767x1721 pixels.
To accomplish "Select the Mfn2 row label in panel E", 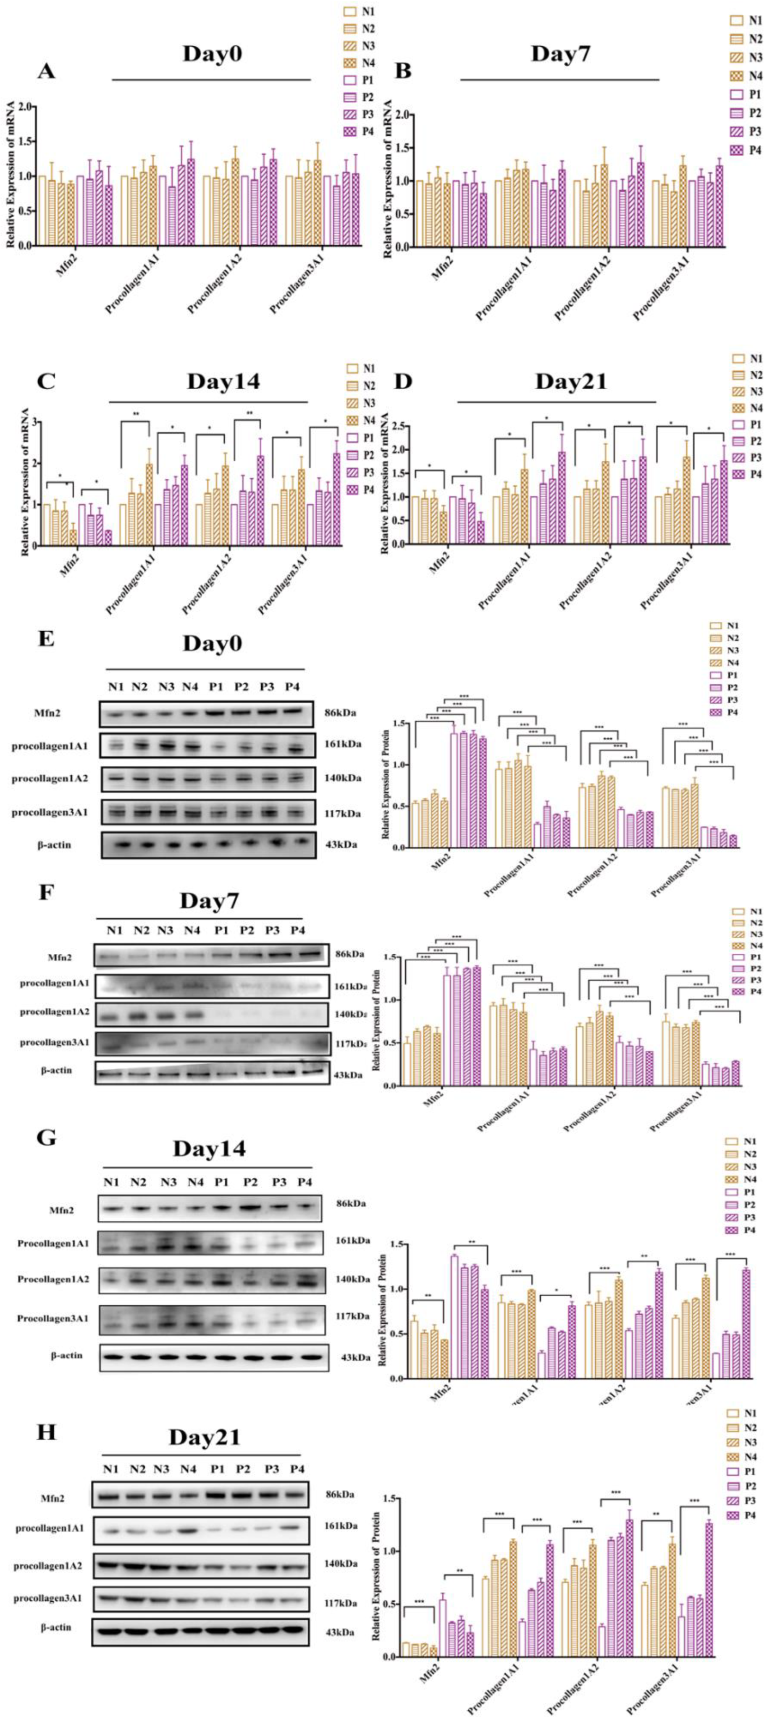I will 49,713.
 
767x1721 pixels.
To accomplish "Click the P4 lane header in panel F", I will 297,931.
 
